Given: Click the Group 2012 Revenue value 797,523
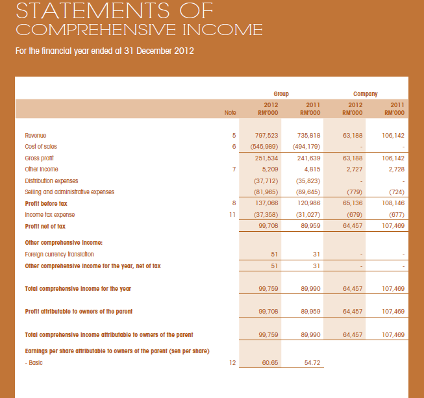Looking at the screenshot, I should (x=268, y=136).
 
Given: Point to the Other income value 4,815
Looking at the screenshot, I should (x=310, y=169).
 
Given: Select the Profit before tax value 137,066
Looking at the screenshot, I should (x=268, y=203).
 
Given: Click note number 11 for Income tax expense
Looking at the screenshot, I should (x=231, y=214).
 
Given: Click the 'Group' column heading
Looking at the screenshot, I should (x=281, y=94).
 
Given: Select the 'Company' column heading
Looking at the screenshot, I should (x=366, y=94).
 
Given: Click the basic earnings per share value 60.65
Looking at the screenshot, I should (x=271, y=363).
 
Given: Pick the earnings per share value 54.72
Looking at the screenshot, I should (x=312, y=363).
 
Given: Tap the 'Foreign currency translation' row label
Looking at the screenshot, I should (x=59, y=254).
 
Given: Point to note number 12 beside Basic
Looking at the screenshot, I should (x=232, y=363).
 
